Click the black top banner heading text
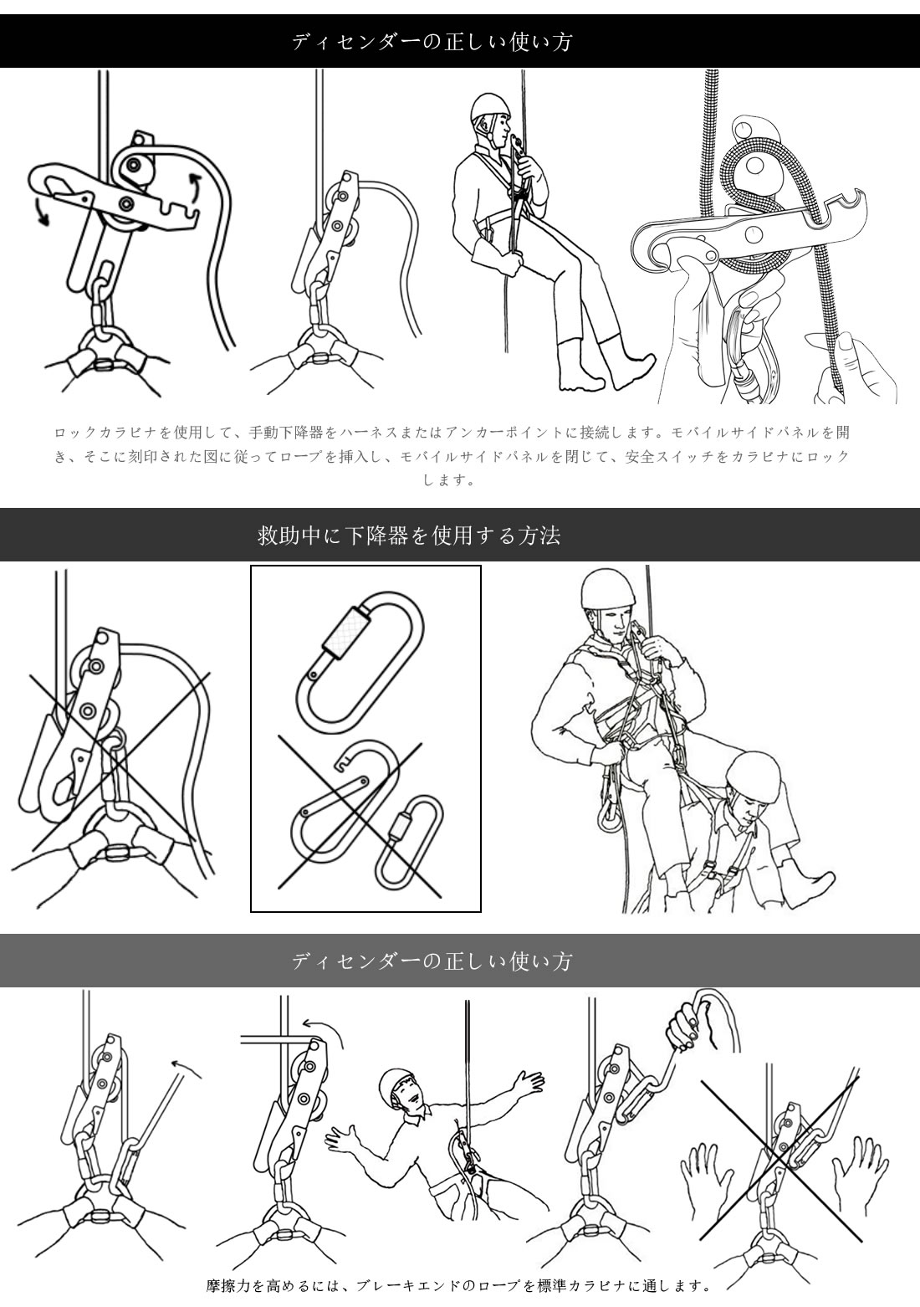point(432,42)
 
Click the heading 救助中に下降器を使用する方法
point(409,535)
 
